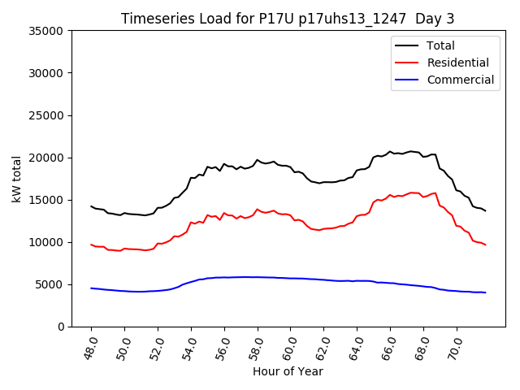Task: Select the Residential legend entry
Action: pyautogui.click(x=457, y=63)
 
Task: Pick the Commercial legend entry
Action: pyautogui.click(x=460, y=80)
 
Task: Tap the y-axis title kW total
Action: pyautogui.click(x=17, y=178)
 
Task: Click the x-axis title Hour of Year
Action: pyautogui.click(x=288, y=371)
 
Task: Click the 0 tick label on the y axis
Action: pyautogui.click(x=62, y=327)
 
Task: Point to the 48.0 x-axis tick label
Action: pyautogui.click(x=89, y=347)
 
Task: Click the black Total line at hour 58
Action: pyautogui.click(x=258, y=160)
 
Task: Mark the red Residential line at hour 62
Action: pyautogui.click(x=324, y=228)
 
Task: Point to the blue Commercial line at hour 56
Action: pyautogui.click(x=224, y=277)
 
